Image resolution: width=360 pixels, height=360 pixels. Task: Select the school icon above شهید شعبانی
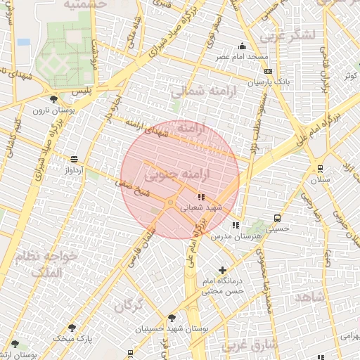[x=201, y=197]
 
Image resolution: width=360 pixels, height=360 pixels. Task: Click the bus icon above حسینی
[x=278, y=218]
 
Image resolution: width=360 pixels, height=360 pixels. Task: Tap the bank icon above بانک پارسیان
[x=268, y=71]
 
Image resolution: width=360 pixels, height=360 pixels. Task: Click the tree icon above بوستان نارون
[x=54, y=99]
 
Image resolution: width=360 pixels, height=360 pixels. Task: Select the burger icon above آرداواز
[x=75, y=159]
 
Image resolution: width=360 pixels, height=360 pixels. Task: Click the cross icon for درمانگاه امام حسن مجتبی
[x=223, y=270]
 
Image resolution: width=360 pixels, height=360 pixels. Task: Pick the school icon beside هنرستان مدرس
[x=236, y=225]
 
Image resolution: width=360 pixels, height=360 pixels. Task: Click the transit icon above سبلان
[x=320, y=168]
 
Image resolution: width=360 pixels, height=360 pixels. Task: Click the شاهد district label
[x=310, y=297]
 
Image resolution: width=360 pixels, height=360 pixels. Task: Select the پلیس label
[x=82, y=92]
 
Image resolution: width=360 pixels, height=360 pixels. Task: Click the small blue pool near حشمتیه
[x=24, y=41]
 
